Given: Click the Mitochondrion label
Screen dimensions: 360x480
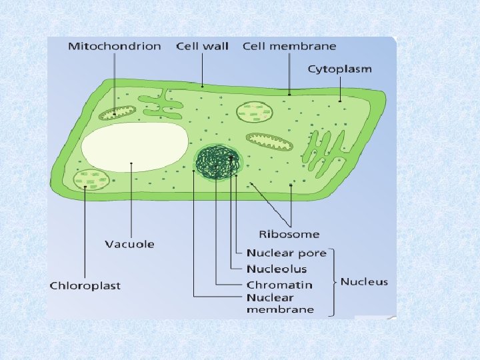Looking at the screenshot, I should (114, 47).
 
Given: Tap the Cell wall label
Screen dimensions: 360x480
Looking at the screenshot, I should (202, 47).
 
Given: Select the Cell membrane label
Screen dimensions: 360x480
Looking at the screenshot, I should (289, 47).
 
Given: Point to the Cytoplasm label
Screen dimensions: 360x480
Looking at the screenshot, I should (339, 69).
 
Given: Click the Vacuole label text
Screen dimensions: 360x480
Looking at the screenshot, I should (129, 244).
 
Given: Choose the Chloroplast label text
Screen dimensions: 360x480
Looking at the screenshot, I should (85, 285).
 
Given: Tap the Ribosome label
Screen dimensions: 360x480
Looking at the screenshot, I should (289, 234).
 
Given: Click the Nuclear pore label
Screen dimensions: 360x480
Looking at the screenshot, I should (287, 253).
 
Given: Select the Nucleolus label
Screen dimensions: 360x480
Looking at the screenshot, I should (277, 269).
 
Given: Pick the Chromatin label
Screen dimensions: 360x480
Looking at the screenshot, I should (279, 285).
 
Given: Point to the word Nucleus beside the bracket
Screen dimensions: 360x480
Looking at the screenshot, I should (364, 282).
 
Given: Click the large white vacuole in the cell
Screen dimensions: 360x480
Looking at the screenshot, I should (135, 145).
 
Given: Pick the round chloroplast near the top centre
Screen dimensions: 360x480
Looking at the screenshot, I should (255, 112).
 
